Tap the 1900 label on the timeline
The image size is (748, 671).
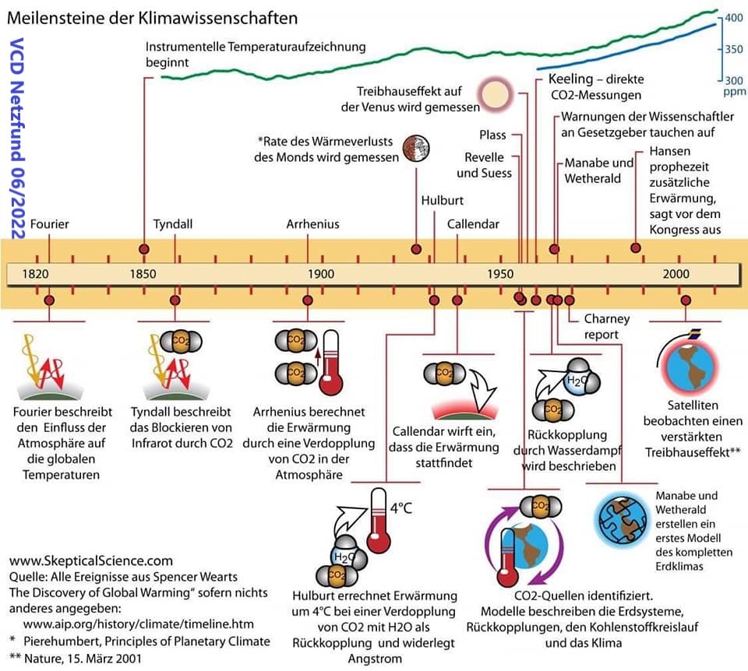(x=321, y=273)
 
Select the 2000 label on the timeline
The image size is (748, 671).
(x=676, y=273)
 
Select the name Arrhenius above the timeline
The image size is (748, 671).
(x=312, y=224)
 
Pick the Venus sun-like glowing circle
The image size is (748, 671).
(x=493, y=94)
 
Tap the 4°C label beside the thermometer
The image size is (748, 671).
(x=401, y=508)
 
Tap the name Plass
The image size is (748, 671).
(x=492, y=135)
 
